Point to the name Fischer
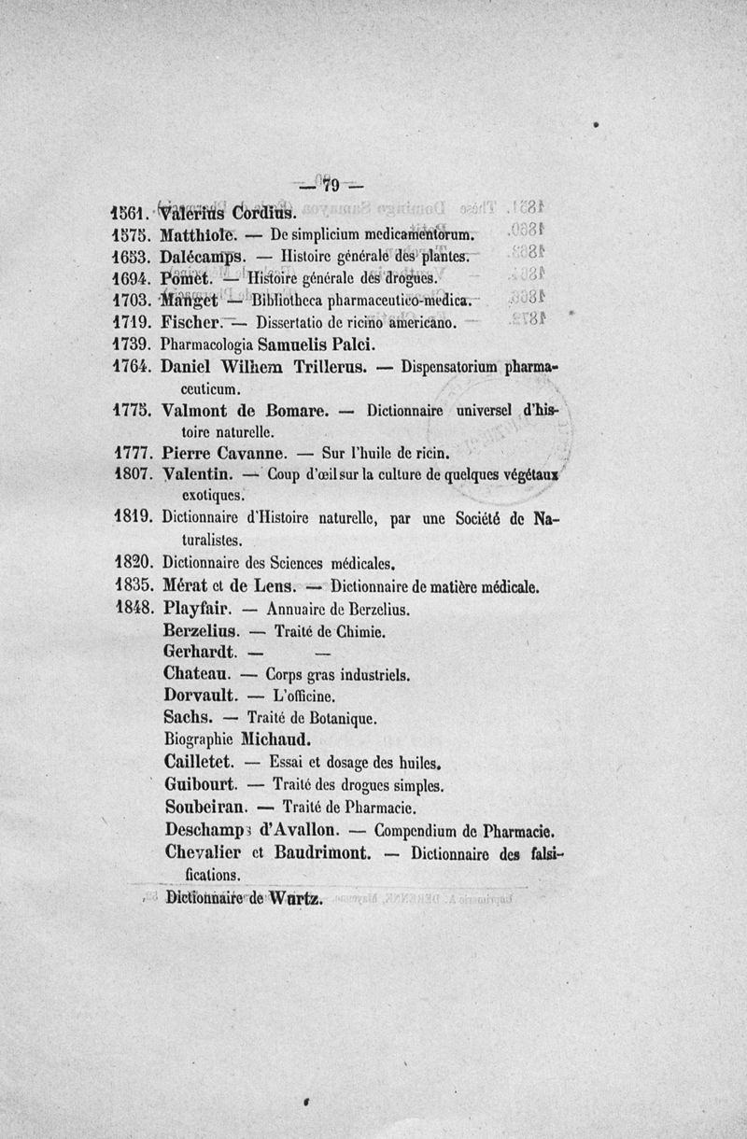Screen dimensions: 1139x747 point(190,322)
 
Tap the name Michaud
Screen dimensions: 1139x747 point(275,738)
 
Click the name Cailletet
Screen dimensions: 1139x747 point(200,760)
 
